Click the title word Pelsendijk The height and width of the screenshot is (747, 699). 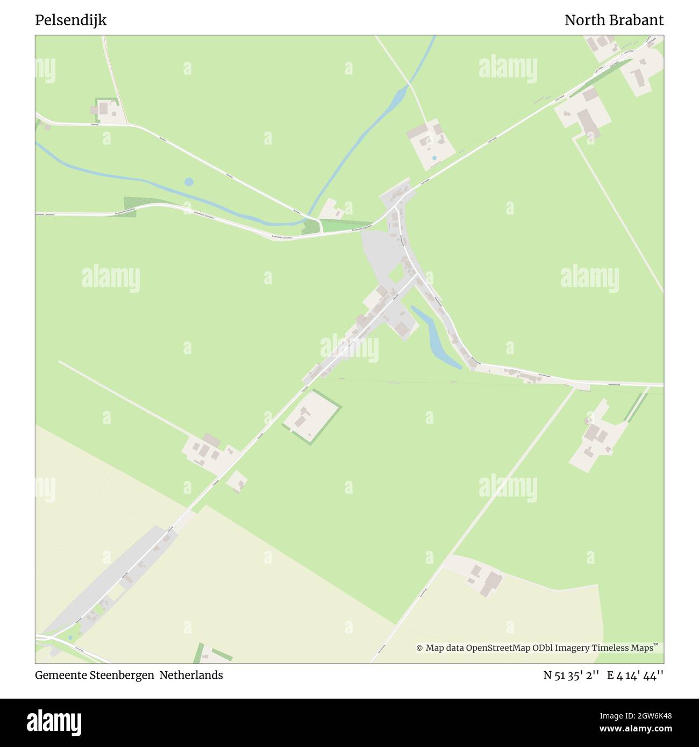tap(70, 20)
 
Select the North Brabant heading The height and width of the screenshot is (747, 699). tap(614, 20)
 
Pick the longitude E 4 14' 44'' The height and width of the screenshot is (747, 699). tap(636, 675)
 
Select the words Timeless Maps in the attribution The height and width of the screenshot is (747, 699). tap(623, 648)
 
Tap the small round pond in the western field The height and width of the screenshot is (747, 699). tap(188, 182)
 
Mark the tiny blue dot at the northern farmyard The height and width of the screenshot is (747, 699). tap(434, 159)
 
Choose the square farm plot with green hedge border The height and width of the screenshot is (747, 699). tap(312, 416)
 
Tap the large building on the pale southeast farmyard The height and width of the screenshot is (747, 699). tap(490, 583)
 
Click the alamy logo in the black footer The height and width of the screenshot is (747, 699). tap(54, 722)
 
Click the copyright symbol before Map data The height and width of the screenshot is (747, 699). tap(419, 648)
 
